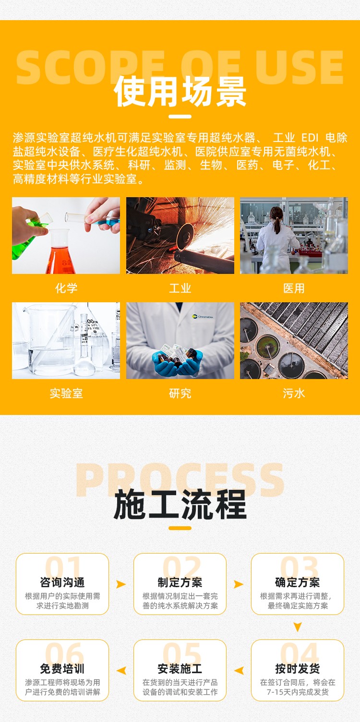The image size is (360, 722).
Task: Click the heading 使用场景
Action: tap(180, 92)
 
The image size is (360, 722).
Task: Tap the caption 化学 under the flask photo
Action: tap(66, 288)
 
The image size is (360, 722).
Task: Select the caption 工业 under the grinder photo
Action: tap(180, 288)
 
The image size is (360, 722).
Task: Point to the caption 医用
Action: tap(294, 288)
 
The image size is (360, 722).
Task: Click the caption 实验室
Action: tap(66, 393)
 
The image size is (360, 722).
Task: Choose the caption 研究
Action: tap(180, 393)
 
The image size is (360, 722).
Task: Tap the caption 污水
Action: tap(294, 393)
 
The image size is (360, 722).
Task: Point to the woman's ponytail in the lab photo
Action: tap(277, 223)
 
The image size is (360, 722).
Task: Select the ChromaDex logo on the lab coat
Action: tap(203, 317)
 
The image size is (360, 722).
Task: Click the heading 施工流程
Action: tap(180, 504)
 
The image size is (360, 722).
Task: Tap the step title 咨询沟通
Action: tap(62, 582)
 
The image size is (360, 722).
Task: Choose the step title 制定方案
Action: tap(180, 582)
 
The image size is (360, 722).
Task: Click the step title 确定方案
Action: tap(298, 582)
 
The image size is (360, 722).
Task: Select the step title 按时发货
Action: tap(298, 668)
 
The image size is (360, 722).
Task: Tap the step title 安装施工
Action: tap(180, 668)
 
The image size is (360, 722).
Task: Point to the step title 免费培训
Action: tap(62, 668)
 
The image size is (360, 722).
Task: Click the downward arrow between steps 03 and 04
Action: tap(298, 627)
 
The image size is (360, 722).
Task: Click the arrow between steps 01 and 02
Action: tap(120, 584)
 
